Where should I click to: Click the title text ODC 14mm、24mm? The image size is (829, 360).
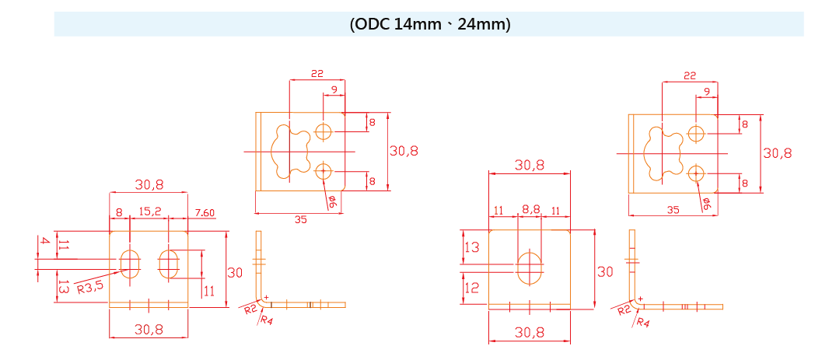pos(429,24)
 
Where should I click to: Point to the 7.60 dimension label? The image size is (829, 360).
pos(205,213)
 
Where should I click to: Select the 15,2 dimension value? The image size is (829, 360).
pos(149,211)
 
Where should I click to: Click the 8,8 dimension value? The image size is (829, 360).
pos(530,210)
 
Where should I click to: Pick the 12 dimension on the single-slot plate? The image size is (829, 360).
pos(471,287)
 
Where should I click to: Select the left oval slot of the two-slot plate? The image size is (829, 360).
pos(130,264)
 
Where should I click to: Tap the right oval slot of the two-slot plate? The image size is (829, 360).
pos(169,264)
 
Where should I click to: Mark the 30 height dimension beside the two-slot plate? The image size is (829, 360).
pos(235,273)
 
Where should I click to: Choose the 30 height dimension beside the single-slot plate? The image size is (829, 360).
pos(604,272)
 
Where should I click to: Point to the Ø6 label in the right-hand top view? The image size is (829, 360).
pos(706,204)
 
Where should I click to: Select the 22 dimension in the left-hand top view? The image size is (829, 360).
pos(317,74)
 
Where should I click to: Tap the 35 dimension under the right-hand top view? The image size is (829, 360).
pos(673,210)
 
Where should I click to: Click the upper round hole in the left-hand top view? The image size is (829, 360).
pos(324,131)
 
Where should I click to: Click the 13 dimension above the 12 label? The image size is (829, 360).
pos(471,248)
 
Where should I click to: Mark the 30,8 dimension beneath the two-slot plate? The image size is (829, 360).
pos(149,330)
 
